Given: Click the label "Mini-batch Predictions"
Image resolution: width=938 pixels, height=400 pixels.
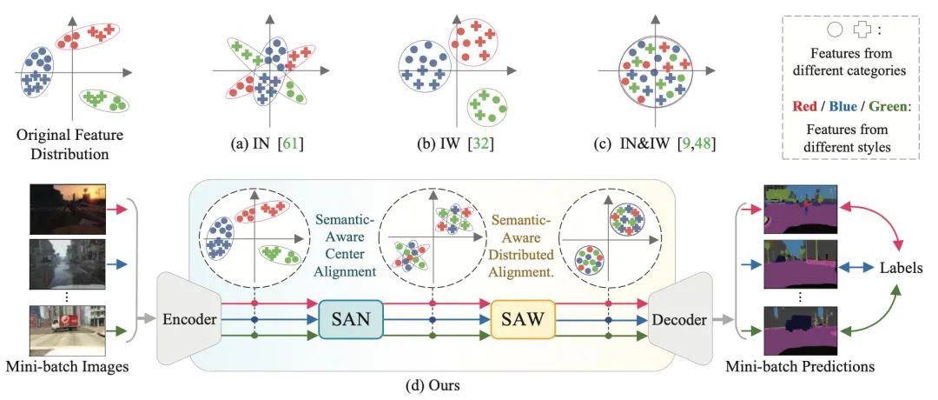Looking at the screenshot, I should tap(801, 367).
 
